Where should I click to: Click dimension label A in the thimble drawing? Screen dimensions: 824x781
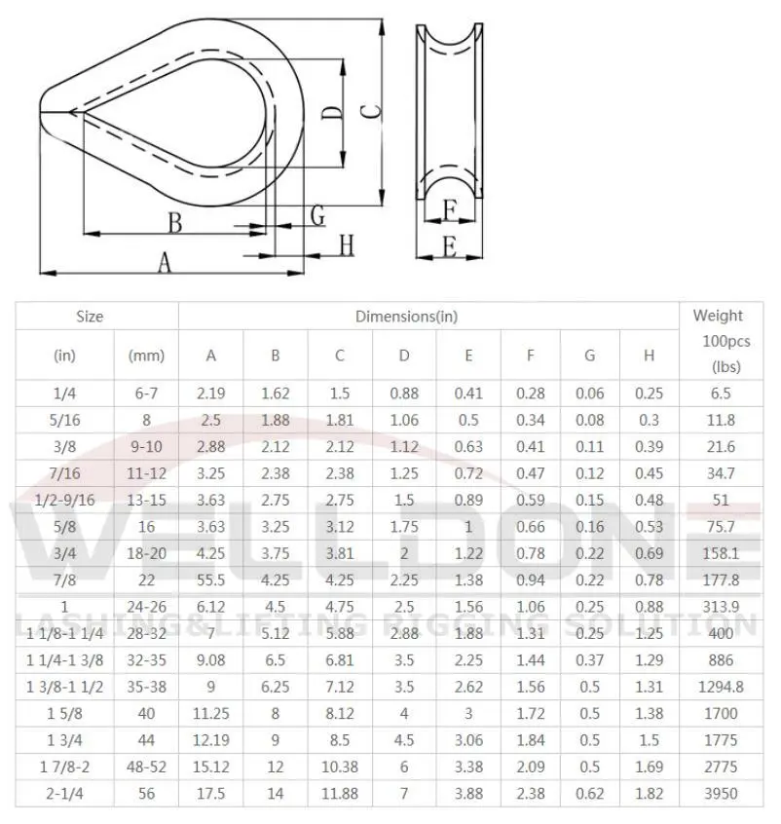pyautogui.click(x=165, y=261)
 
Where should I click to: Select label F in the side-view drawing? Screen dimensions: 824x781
pyautogui.click(x=449, y=209)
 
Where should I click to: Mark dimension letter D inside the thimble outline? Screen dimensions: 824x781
pyautogui.click(x=332, y=124)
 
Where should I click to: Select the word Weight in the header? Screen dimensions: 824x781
pyautogui.click(x=717, y=316)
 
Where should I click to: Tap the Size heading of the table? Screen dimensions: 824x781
pyautogui.click(x=90, y=316)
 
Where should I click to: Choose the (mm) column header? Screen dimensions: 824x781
pyautogui.click(x=146, y=356)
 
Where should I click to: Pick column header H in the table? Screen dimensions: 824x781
pyautogui.click(x=649, y=356)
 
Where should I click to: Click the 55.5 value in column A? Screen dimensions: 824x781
pyautogui.click(x=211, y=581)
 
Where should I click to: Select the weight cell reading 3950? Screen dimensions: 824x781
pyautogui.click(x=721, y=794)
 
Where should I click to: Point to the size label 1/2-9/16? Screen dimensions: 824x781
pyautogui.click(x=64, y=501)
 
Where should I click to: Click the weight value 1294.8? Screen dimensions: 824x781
pyautogui.click(x=721, y=687)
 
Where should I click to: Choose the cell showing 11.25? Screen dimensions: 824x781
pyautogui.click(x=211, y=714)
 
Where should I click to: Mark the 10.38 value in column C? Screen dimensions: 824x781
pyautogui.click(x=340, y=768)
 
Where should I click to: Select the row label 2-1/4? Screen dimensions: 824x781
pyautogui.click(x=64, y=794)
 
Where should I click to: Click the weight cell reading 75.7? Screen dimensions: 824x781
pyautogui.click(x=721, y=528)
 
